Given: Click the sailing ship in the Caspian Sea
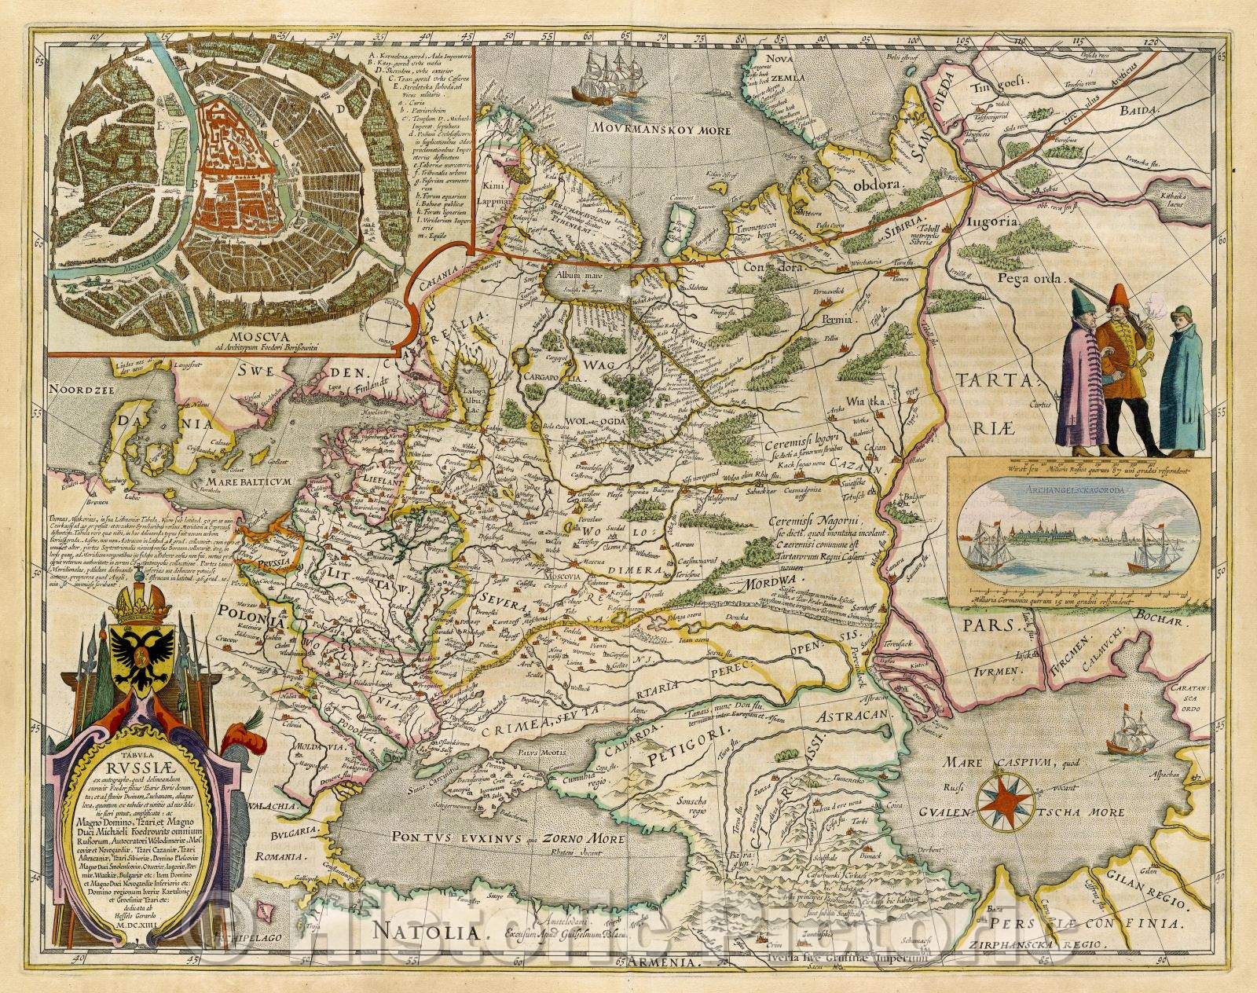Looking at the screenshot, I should pos(1128,735).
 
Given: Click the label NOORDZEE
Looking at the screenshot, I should pos(78,389).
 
